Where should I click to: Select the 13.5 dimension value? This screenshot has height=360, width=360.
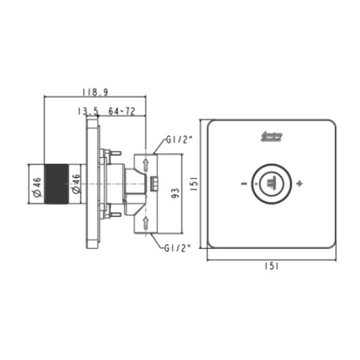[87, 111]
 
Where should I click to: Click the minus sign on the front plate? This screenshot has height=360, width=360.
[243, 182]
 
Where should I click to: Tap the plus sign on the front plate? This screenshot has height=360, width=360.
[299, 182]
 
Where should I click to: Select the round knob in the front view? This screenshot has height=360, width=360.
[271, 182]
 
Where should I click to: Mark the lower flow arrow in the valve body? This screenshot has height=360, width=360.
[146, 223]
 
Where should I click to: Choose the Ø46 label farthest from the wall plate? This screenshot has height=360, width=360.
[36, 186]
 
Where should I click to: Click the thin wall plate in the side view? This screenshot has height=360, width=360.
[92, 182]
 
